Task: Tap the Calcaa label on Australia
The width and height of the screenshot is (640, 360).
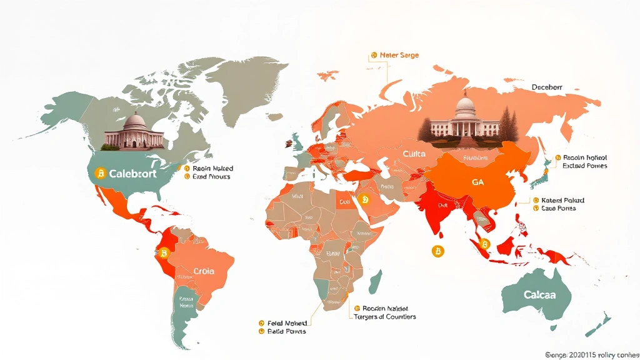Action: [x=540, y=294]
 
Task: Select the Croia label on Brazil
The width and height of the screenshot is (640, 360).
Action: [x=203, y=271]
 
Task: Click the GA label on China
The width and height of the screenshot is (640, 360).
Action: [x=477, y=182]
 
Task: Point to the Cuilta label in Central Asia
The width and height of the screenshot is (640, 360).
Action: [x=414, y=153]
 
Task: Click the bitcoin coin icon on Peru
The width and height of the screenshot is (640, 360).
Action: [x=164, y=253]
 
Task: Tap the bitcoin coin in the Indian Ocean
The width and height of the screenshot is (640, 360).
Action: [x=437, y=251]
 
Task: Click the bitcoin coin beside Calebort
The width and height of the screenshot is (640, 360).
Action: [x=99, y=173]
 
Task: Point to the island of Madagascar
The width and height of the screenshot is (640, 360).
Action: [x=376, y=282]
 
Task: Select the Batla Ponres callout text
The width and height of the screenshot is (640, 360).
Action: [x=286, y=331]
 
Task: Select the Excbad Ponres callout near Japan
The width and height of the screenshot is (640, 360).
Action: [x=584, y=166]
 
